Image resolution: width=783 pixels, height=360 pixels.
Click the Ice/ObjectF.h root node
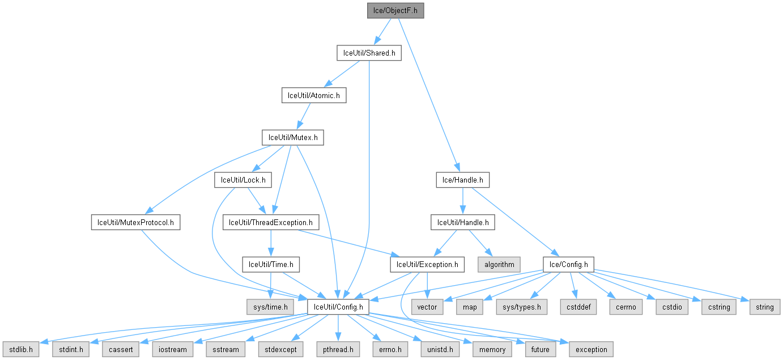tap(395, 10)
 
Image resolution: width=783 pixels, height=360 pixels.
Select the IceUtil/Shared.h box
tap(368, 53)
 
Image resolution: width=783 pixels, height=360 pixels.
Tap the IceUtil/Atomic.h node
tap(314, 95)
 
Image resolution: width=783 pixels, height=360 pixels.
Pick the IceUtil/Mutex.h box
tap(292, 137)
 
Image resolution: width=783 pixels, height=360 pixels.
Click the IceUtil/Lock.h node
tap(242, 180)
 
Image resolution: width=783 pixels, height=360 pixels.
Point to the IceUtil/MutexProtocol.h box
tap(135, 222)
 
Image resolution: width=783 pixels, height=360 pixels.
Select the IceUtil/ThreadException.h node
tap(271, 222)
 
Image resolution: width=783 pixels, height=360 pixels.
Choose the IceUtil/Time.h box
tap(271, 264)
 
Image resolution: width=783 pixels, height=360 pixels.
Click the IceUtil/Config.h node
tap(338, 307)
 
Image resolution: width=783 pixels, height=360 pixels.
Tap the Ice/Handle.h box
tap(462, 180)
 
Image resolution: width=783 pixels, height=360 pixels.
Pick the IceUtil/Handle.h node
tap(462, 222)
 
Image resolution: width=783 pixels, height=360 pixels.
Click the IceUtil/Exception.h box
tap(427, 264)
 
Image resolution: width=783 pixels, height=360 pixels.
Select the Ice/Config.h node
tap(568, 264)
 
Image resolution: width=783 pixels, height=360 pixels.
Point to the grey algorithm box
tap(499, 264)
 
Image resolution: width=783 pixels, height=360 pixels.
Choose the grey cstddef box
tap(576, 307)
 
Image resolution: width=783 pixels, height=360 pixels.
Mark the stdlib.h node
tap(20, 349)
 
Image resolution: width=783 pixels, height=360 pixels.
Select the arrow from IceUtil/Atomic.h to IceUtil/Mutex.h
tap(303, 116)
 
